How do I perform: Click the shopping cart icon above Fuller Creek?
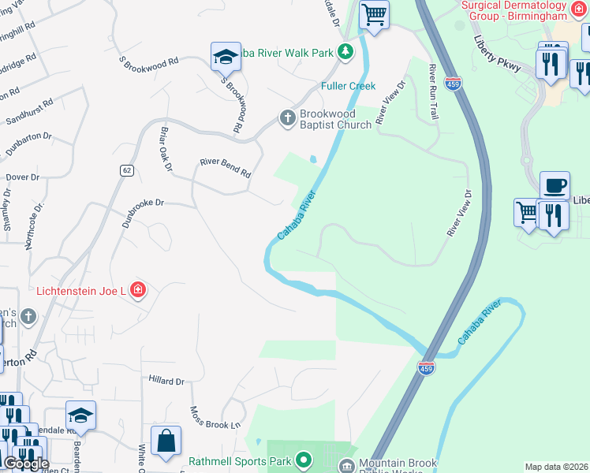coord(374,13)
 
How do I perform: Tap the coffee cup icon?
coord(555,185)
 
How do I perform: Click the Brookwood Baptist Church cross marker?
coord(288,118)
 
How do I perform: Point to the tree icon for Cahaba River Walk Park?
coord(345,53)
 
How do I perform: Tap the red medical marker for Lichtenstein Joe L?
coord(138,291)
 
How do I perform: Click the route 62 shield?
coord(126,169)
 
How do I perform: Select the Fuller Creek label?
coord(348,85)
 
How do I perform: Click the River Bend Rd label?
coord(225,168)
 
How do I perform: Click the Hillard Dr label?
coord(166,381)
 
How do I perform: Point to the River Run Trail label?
coord(432,92)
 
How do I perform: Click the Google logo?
coord(25,464)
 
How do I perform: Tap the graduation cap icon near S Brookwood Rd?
coord(226,57)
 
